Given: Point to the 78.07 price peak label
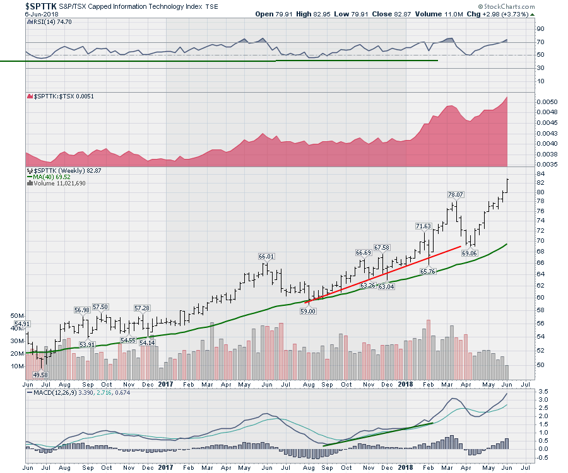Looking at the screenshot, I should point(456,195).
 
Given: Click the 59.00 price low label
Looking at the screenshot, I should point(307,311).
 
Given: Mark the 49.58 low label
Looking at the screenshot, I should point(40,375).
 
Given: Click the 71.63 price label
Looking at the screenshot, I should point(423,226).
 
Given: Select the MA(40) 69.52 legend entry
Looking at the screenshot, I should point(54,177).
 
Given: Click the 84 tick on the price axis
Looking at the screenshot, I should point(524,174).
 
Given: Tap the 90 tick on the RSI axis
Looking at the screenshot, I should point(523,29).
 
